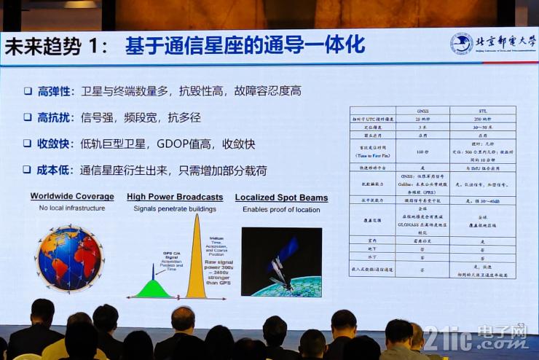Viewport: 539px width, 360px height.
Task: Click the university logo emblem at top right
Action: (x=461, y=44)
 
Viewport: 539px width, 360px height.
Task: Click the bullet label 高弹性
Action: (x=55, y=91)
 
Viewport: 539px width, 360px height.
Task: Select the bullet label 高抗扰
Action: (x=55, y=117)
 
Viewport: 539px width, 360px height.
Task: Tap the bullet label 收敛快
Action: (x=55, y=143)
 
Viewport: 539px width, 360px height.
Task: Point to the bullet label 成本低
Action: (x=55, y=169)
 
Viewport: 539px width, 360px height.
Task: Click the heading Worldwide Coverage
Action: (x=72, y=197)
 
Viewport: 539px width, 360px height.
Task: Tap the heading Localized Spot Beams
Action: (x=281, y=197)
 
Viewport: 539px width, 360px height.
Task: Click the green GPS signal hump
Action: (x=152, y=289)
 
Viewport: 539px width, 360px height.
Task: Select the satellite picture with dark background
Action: (x=281, y=262)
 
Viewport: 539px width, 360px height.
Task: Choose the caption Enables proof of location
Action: (x=281, y=208)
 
